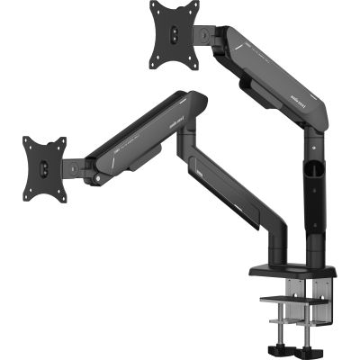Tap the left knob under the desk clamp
(x=272, y=346)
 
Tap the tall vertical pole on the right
(x=315, y=198)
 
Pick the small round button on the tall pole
(x=312, y=147)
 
